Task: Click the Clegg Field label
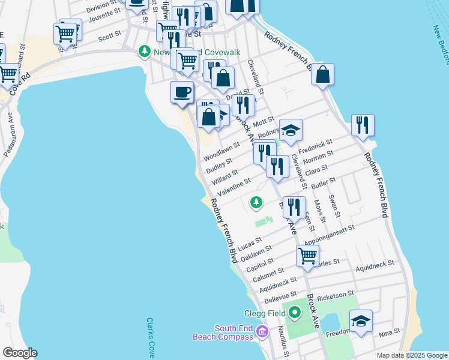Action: tap(264, 313)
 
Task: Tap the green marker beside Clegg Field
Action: tap(294, 313)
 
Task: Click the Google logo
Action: tap(20, 353)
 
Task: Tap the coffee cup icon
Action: tap(182, 92)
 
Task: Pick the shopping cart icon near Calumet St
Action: tap(307, 255)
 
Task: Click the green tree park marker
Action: tap(256, 202)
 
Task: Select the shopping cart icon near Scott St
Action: tap(65, 33)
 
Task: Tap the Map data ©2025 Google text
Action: tap(411, 355)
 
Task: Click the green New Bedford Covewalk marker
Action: tap(144, 52)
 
